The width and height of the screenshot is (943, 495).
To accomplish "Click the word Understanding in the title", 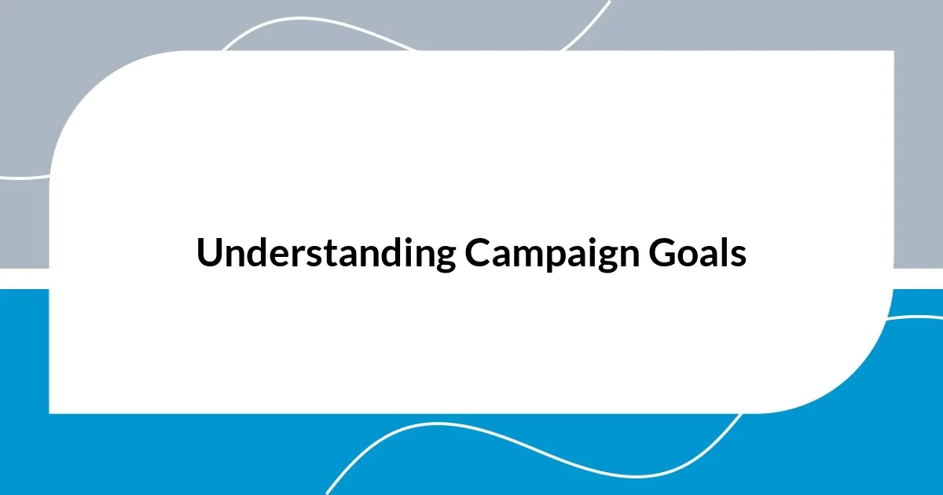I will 326,254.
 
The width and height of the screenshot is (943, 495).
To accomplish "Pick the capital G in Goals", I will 663,254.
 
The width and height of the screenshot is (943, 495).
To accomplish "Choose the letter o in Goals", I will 688,257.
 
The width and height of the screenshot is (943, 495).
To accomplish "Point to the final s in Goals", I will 739,257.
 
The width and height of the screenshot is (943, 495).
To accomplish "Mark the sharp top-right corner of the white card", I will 893,52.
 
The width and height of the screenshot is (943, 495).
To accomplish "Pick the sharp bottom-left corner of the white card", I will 50,412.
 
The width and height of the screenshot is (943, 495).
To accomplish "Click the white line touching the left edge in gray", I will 20,177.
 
